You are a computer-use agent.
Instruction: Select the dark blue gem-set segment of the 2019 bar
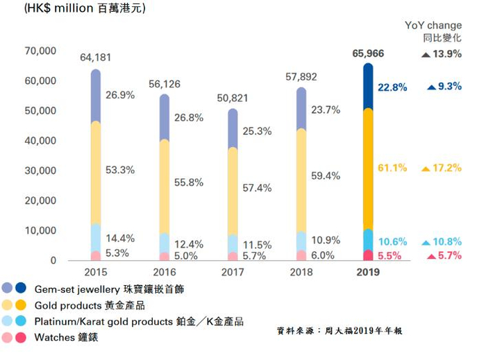point(368,87)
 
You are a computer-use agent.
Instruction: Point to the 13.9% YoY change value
point(446,54)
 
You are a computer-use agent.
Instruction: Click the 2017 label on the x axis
point(233,272)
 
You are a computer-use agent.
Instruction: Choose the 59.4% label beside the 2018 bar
point(326,176)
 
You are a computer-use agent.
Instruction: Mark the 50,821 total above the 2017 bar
point(232,98)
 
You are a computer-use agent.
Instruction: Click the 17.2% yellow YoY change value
point(446,169)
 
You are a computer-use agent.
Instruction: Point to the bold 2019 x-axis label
point(368,272)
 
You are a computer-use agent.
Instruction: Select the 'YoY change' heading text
point(433,26)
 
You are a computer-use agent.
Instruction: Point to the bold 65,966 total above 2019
point(368,53)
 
